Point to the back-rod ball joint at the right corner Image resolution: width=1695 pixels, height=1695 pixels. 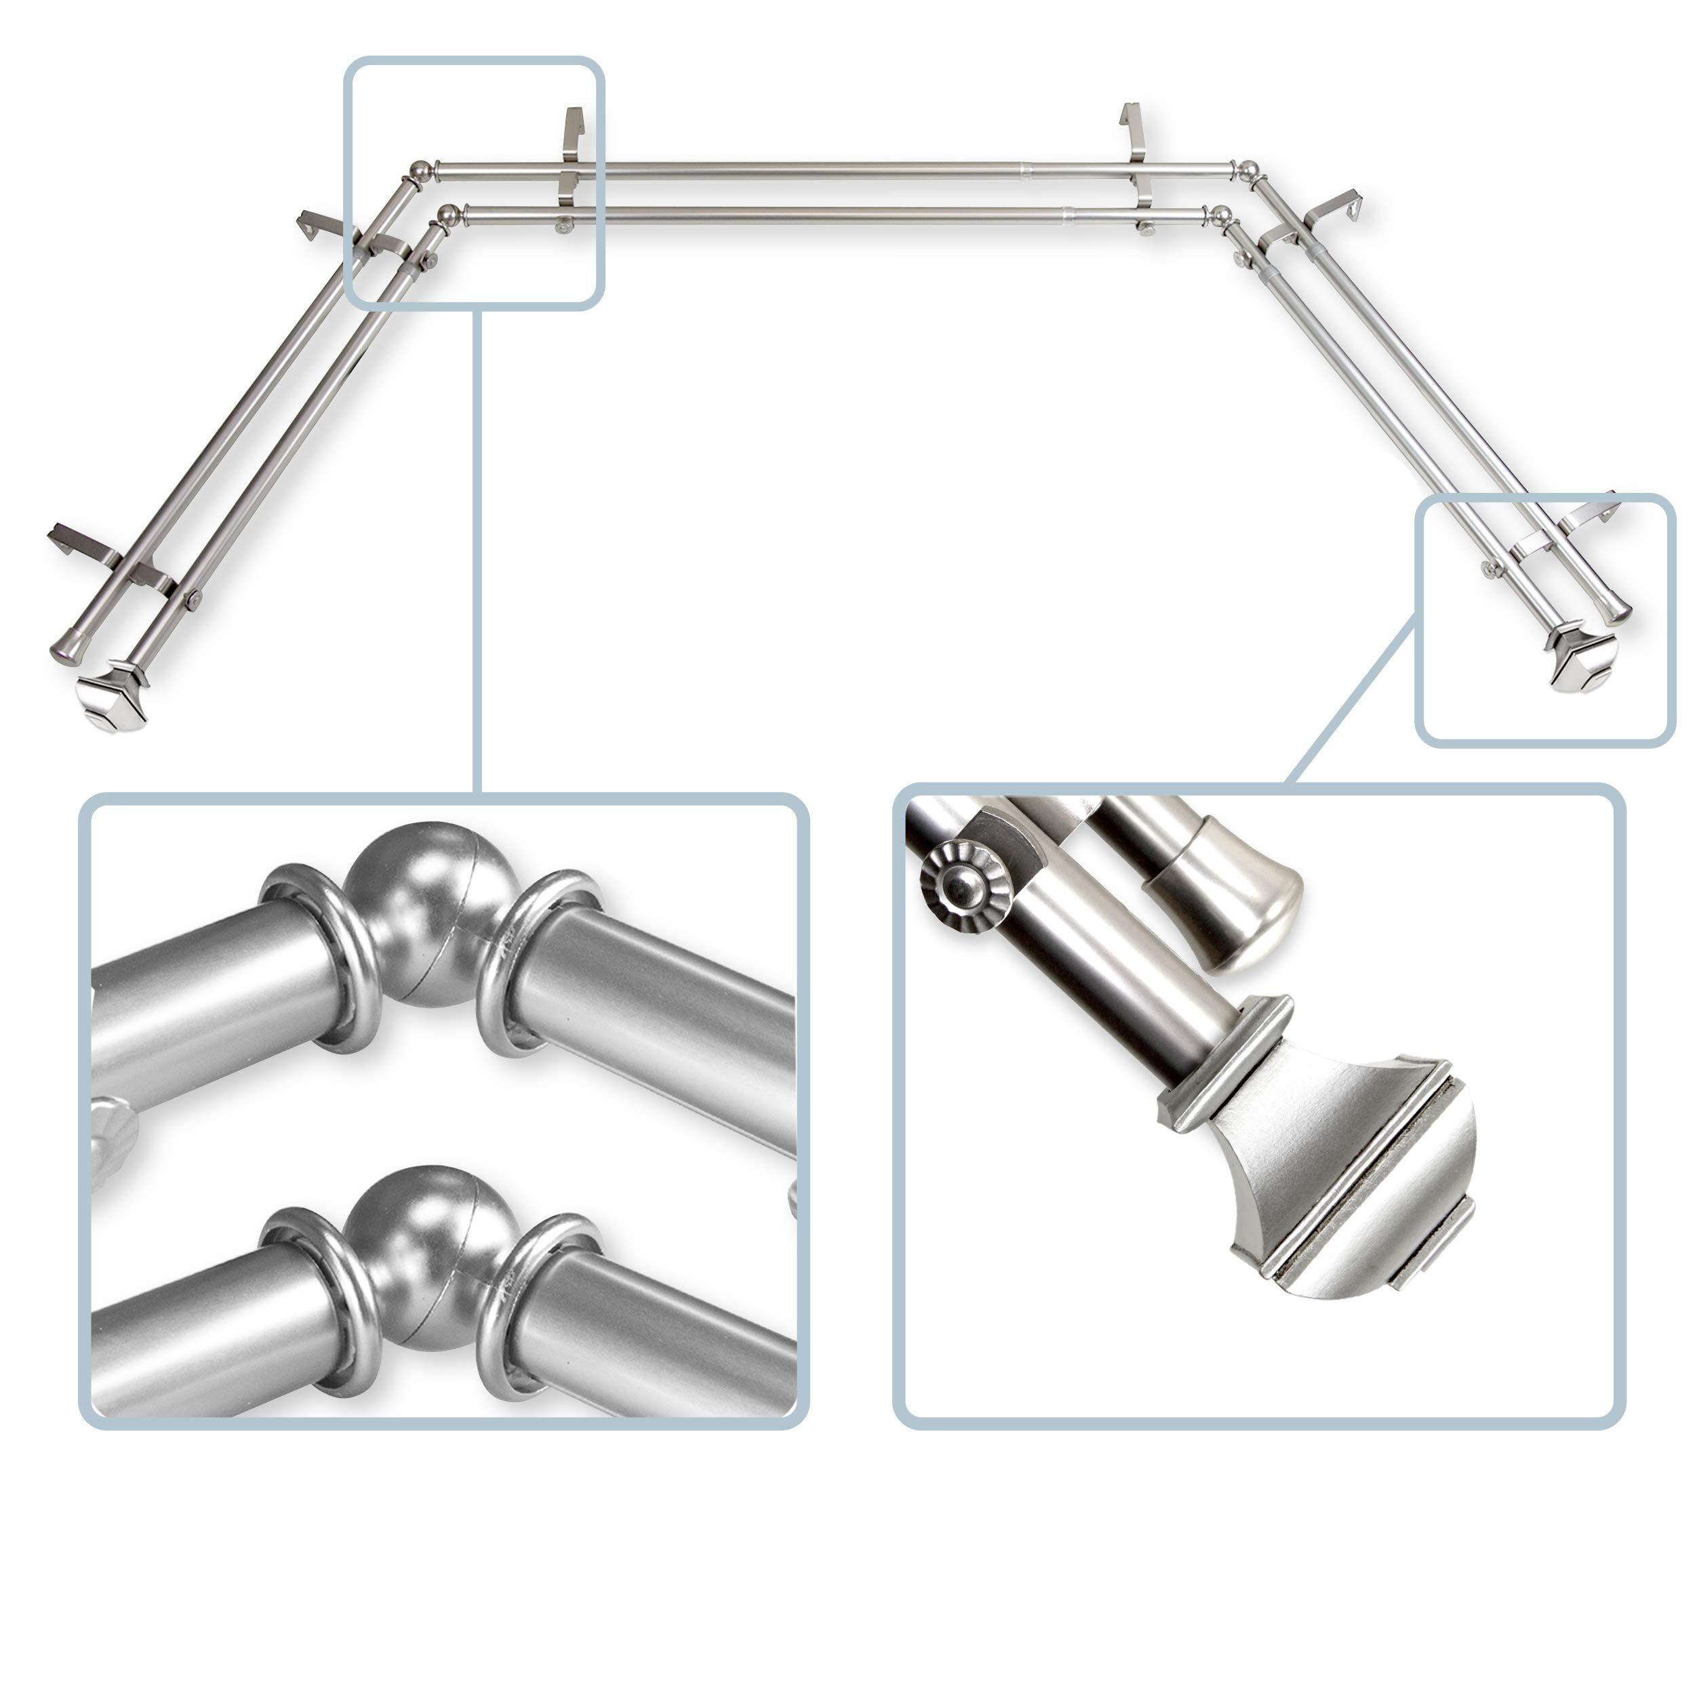click(1245, 169)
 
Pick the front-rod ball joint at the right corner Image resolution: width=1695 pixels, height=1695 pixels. click(1218, 214)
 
